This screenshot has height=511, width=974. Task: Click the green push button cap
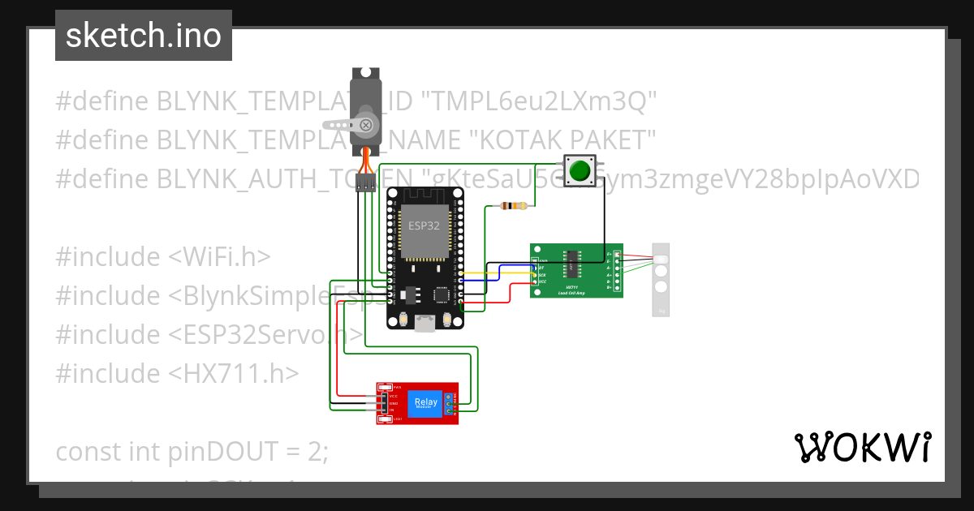point(580,171)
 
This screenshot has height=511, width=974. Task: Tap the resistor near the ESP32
point(514,206)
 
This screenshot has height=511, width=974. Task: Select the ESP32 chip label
point(422,225)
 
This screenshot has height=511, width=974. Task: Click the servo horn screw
point(366,125)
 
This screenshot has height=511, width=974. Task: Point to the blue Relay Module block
point(425,403)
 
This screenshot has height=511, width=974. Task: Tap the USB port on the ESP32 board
point(424,324)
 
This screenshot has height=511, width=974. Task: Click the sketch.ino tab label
point(143,36)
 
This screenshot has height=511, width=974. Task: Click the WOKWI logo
point(862,448)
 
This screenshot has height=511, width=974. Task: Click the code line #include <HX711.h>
point(177,373)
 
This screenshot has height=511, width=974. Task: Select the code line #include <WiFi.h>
point(162,256)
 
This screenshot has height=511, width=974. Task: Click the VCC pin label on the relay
point(394,396)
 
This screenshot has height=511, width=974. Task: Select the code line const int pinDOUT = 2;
point(192,451)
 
